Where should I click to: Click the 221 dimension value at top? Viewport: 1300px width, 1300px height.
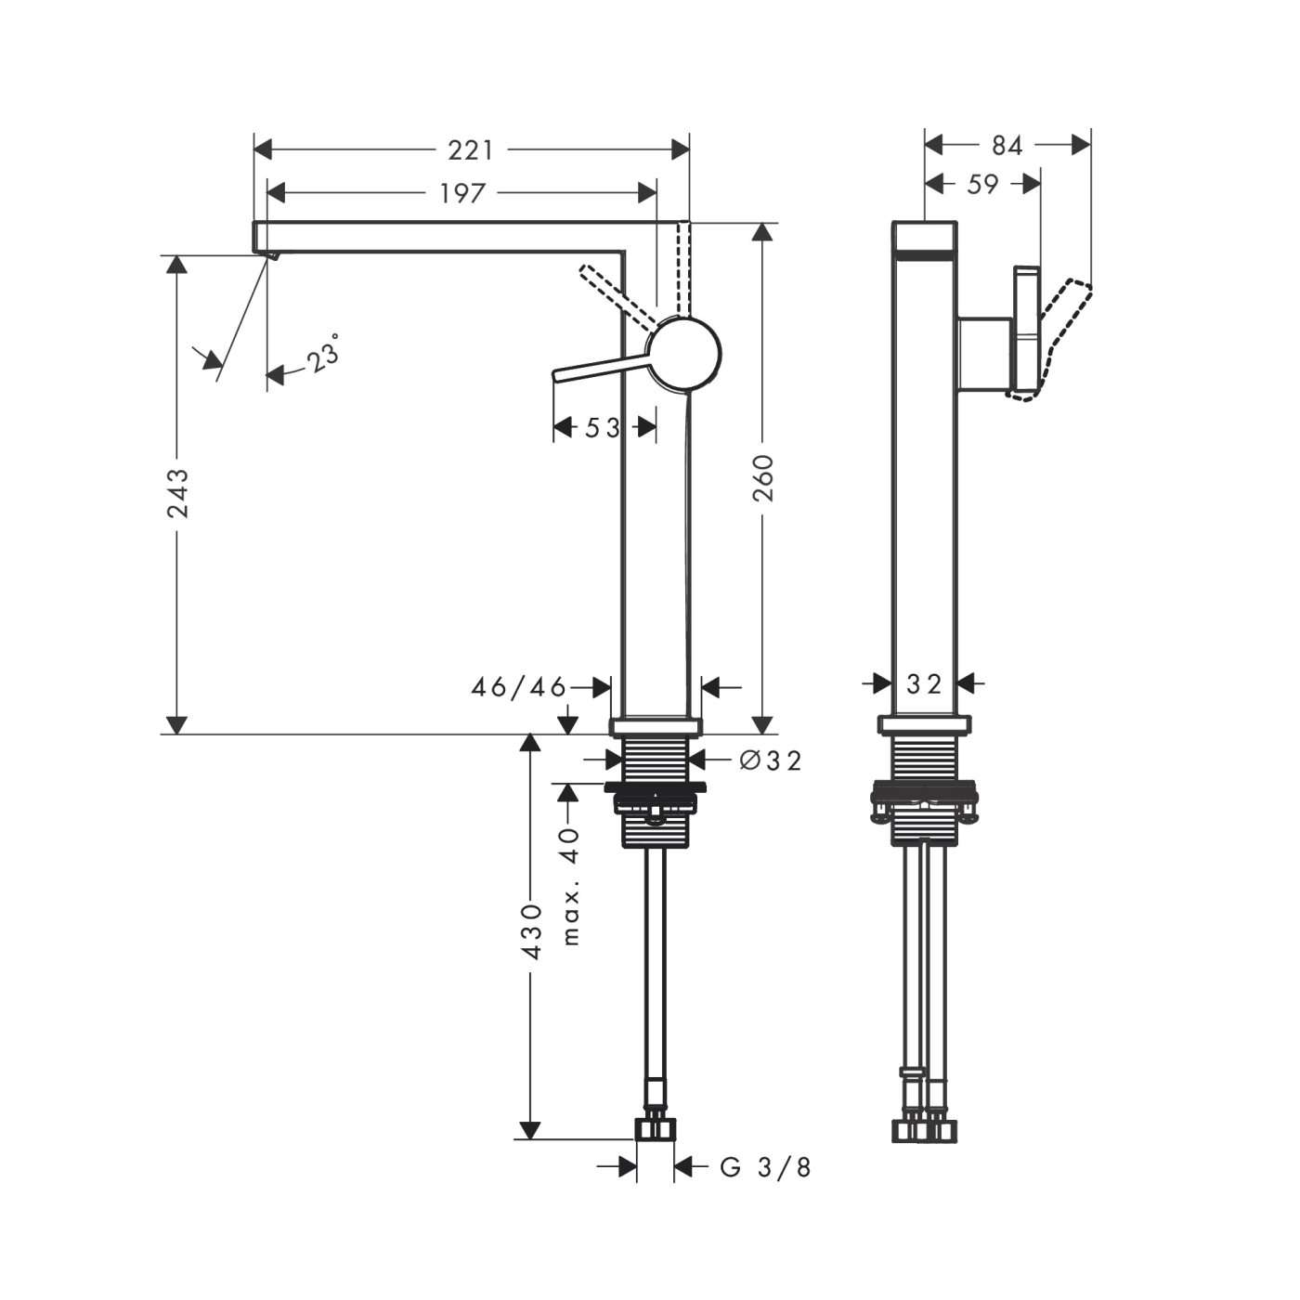471,149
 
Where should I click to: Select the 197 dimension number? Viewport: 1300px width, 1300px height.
462,193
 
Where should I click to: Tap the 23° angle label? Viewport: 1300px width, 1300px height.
323,356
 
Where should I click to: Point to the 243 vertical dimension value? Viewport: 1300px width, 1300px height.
177,493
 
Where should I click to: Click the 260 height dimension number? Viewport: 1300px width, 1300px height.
762,477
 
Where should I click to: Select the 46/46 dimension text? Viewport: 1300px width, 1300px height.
518,687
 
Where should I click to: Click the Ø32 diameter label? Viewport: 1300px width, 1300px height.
770,760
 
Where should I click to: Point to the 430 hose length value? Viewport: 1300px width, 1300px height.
530,931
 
